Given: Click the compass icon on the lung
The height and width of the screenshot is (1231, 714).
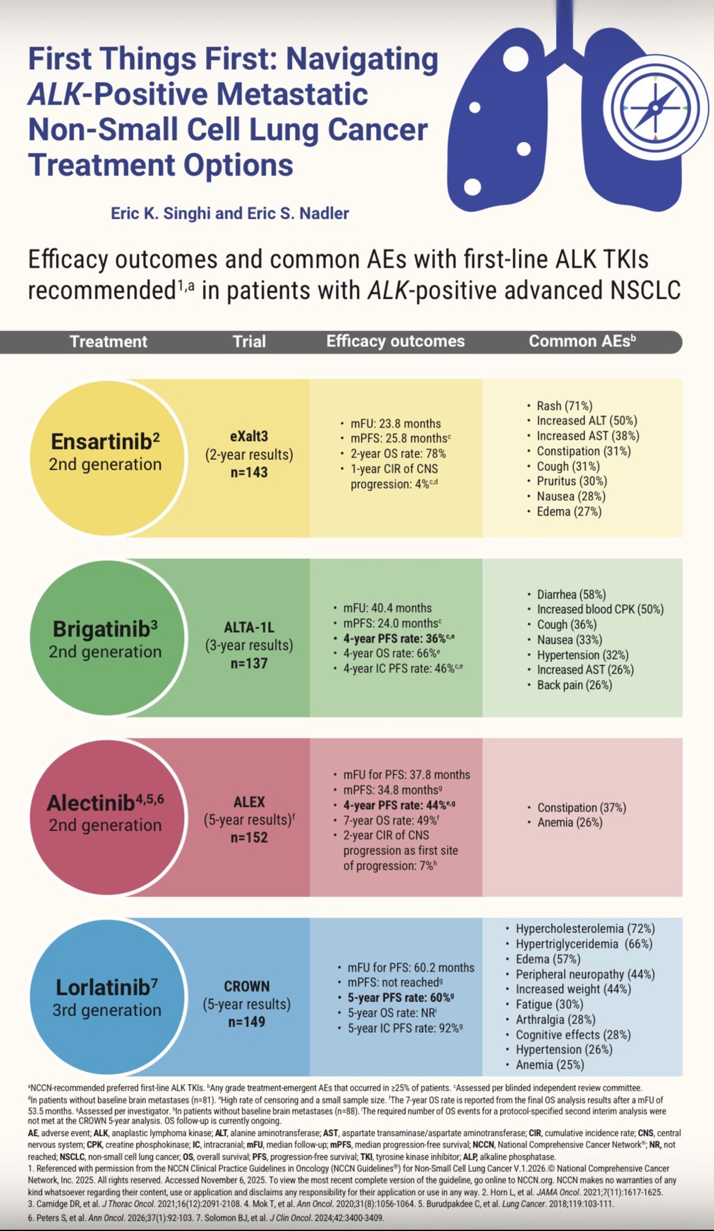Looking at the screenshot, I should point(655,108).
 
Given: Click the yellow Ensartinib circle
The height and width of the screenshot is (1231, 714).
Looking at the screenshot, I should point(106,456).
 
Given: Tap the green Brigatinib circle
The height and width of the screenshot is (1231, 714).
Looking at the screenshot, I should point(106,638).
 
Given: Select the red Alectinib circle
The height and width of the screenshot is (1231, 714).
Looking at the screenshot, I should point(106,816).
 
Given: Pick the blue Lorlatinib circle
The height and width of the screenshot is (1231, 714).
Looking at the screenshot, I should point(106,997).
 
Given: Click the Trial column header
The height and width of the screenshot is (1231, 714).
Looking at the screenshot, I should point(249,342).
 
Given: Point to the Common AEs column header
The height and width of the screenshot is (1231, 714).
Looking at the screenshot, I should point(581,342).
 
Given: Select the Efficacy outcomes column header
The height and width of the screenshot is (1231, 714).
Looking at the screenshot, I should point(395,342).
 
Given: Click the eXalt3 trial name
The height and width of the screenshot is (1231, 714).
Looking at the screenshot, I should point(249,436).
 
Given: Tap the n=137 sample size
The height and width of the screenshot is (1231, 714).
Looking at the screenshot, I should point(249,664).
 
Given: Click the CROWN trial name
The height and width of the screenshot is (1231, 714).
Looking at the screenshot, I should point(247,986).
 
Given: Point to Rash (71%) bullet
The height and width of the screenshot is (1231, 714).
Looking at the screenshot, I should point(564,406).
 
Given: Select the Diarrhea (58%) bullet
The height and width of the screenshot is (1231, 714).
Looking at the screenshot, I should point(571,595).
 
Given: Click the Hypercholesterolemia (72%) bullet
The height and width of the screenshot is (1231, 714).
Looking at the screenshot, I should point(585,929).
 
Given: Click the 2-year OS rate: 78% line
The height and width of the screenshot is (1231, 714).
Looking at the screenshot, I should point(398,454).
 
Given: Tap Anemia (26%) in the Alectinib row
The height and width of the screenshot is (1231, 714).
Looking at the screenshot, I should point(569,823).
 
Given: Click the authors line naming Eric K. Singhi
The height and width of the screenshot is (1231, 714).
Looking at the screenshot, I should point(229,214).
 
